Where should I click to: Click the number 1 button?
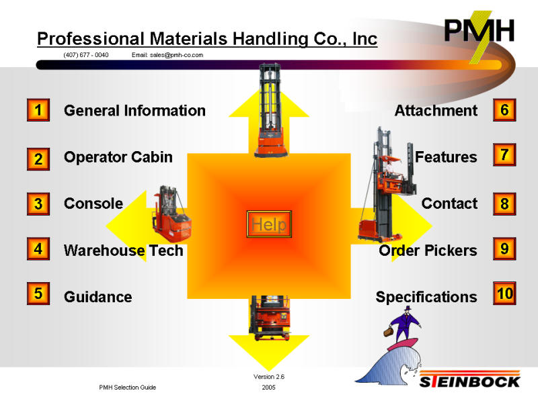[38, 110]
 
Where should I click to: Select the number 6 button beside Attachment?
[504, 110]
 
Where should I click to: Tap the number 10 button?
[504, 294]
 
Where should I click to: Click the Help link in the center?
[269, 225]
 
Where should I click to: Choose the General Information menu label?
[134, 110]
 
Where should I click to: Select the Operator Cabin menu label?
[118, 157]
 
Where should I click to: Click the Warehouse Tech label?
[123, 251]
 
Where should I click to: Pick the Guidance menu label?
[98, 297]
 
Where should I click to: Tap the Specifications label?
[426, 297]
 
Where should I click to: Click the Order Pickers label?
[428, 251]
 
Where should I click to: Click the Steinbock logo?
[470, 381]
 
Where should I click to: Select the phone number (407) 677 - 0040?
[86, 55]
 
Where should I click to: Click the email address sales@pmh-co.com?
[167, 55]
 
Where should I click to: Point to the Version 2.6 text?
[268, 377]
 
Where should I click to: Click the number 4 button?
[38, 249]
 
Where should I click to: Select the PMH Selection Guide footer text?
[127, 388]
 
